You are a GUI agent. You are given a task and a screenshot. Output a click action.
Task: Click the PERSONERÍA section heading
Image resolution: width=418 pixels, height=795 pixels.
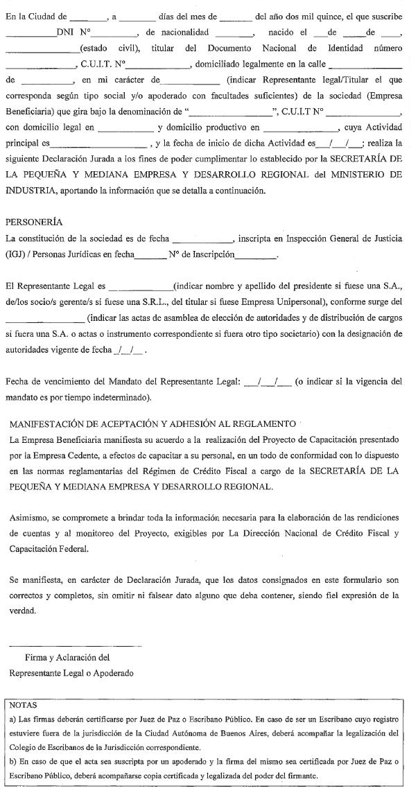pyautogui.click(x=34, y=222)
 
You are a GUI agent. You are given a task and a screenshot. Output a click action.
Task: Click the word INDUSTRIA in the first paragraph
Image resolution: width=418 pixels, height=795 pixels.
pyautogui.click(x=33, y=191)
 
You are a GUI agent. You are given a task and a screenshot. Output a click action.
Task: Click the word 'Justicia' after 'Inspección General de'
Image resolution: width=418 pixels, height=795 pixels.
pyautogui.click(x=384, y=238)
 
